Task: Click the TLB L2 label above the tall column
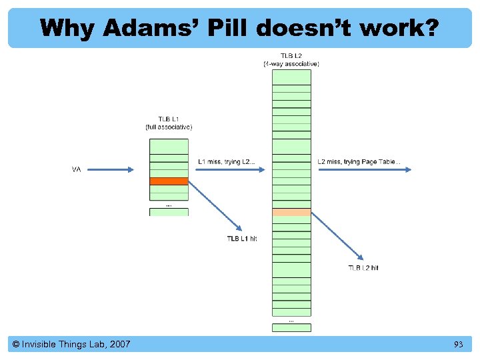[291, 56]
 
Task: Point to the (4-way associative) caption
[291, 64]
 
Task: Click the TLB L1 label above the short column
[169, 118]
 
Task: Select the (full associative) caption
[169, 127]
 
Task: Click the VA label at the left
[77, 170]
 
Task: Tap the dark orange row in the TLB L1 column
[169, 181]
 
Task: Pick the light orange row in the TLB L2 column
[291, 212]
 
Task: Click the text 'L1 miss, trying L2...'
[226, 161]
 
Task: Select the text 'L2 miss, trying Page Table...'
[359, 161]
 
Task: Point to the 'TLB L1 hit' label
[241, 239]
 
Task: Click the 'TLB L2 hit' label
[363, 267]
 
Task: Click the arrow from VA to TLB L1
[111, 169]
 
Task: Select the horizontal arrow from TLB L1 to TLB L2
[231, 169]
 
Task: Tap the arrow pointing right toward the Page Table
[365, 169]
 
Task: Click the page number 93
[458, 344]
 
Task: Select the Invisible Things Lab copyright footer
[71, 344]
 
